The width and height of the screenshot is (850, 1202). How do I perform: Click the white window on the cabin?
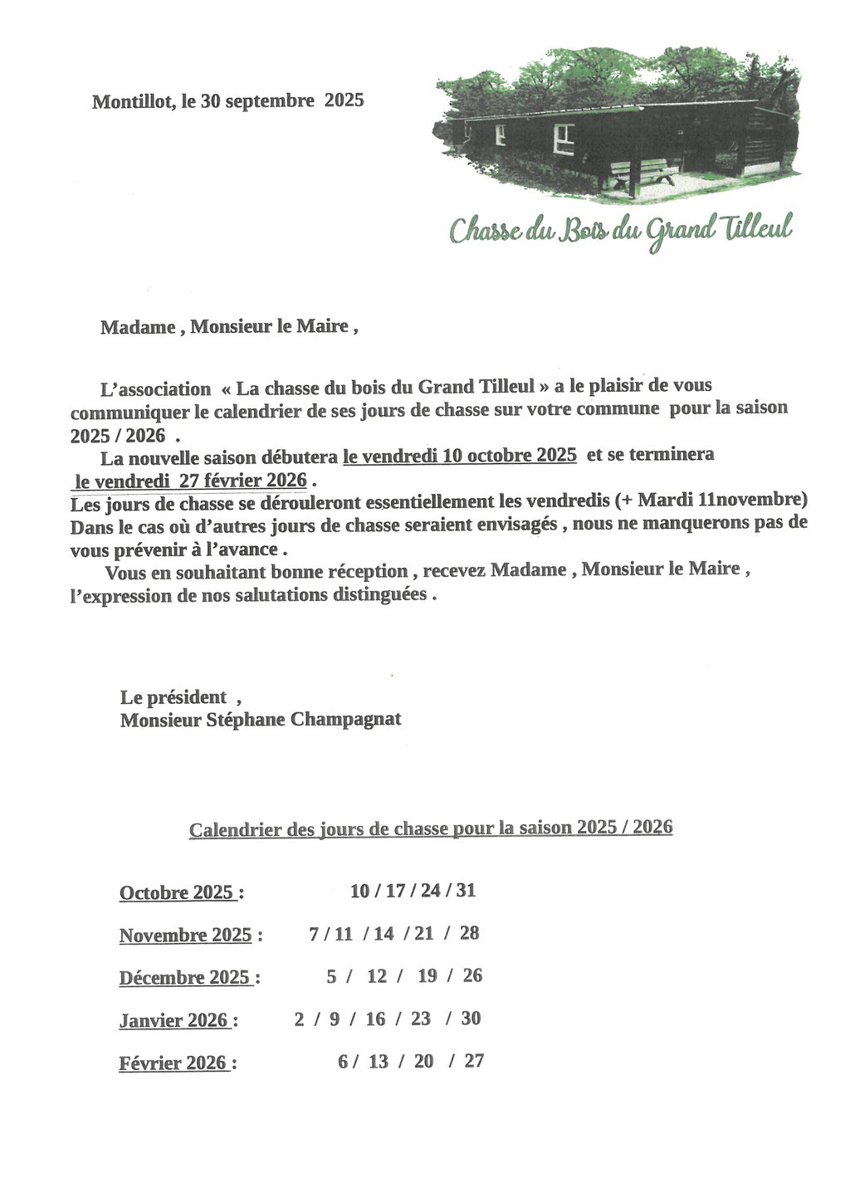(x=564, y=137)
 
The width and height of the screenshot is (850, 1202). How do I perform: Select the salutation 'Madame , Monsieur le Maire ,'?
(x=229, y=327)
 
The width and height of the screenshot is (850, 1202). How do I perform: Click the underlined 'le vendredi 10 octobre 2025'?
(x=460, y=456)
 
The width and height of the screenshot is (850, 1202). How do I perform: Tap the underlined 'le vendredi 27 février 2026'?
(x=191, y=481)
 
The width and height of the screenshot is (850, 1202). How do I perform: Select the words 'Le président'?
(x=173, y=697)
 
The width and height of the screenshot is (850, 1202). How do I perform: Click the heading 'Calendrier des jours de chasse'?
(x=320, y=829)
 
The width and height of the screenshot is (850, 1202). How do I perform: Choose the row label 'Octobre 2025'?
(x=177, y=893)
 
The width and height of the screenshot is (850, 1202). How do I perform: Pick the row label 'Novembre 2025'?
(x=185, y=936)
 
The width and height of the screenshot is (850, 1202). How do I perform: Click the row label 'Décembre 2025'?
(x=184, y=978)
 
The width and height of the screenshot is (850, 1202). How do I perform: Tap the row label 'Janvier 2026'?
(x=173, y=1020)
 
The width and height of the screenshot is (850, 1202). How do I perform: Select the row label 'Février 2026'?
(x=173, y=1063)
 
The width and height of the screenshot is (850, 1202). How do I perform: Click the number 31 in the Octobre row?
(x=466, y=891)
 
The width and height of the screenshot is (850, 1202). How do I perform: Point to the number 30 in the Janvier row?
(x=471, y=1019)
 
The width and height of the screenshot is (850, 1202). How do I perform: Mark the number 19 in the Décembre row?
(x=427, y=976)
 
